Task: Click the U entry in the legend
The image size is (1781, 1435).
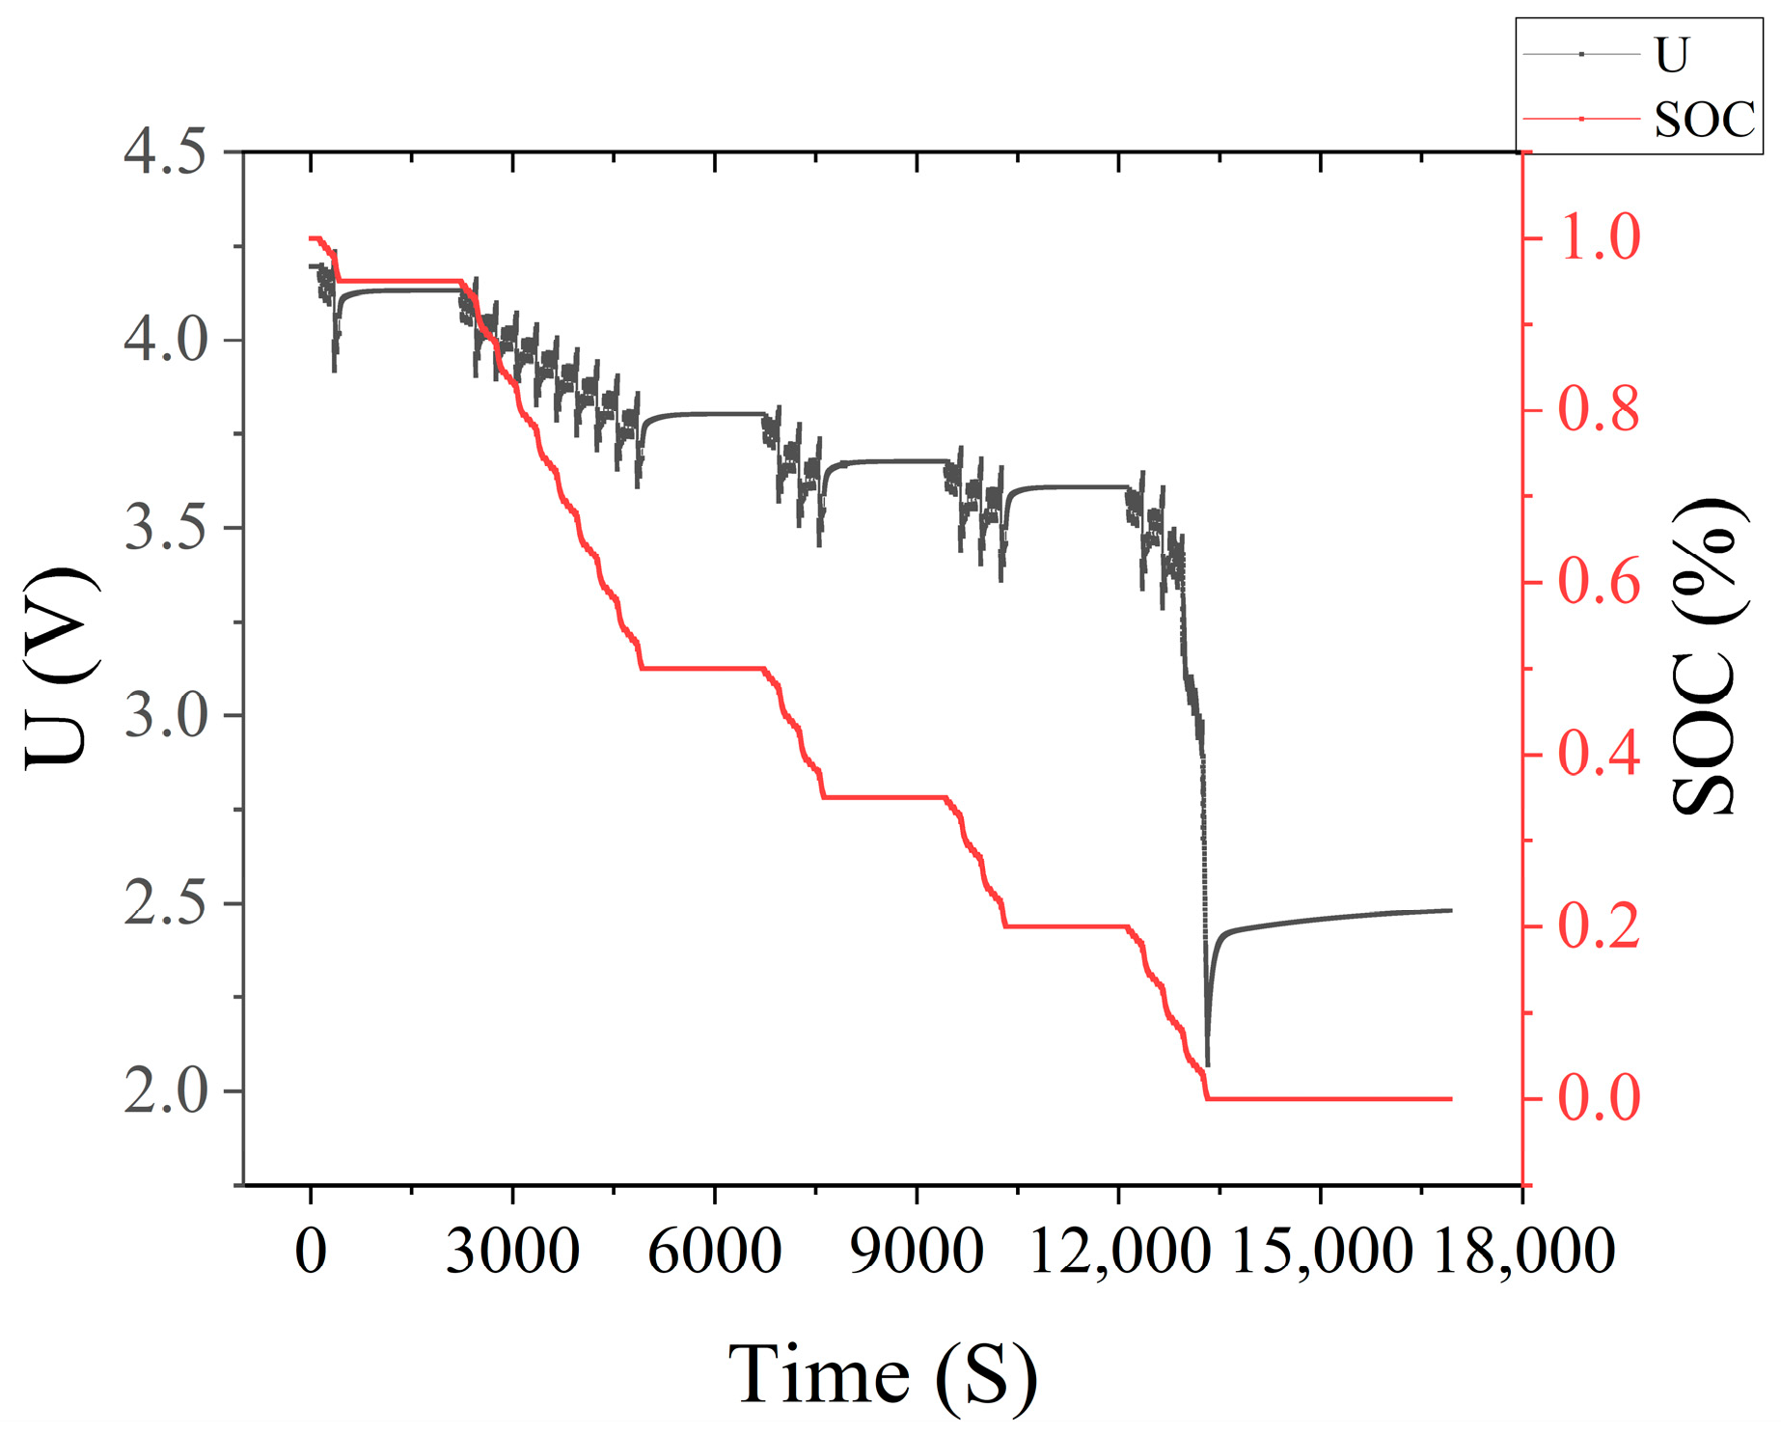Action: pyautogui.click(x=1672, y=55)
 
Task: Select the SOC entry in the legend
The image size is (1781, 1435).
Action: pyautogui.click(x=1704, y=120)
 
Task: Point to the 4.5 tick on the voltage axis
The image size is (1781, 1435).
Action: pyautogui.click(x=165, y=152)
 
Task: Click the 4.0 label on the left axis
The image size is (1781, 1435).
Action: pyautogui.click(x=165, y=341)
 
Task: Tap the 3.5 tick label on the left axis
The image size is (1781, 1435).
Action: pyautogui.click(x=165, y=528)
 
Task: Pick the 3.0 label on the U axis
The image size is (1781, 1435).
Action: pyautogui.click(x=165, y=716)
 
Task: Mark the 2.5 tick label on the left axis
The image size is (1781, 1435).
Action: pyautogui.click(x=165, y=904)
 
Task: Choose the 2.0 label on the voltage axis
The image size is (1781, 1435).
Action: pyautogui.click(x=165, y=1091)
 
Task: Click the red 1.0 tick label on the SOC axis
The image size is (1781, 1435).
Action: pyautogui.click(x=1600, y=237)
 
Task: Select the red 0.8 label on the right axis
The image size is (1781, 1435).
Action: pyautogui.click(x=1600, y=410)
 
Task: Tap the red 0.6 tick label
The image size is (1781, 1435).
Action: pyautogui.click(x=1600, y=582)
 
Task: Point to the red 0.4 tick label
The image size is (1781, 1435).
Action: pyautogui.click(x=1600, y=754)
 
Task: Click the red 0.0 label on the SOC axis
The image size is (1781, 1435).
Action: pyautogui.click(x=1600, y=1098)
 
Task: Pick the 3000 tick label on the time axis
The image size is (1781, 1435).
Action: pyautogui.click(x=512, y=1252)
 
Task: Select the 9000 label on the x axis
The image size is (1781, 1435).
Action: pyautogui.click(x=916, y=1252)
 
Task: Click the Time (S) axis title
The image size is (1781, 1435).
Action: pyautogui.click(x=882, y=1374)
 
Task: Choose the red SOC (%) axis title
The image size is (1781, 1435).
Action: pyautogui.click(x=1709, y=656)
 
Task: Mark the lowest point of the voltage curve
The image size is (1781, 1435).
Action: pyautogui.click(x=1208, y=1065)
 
